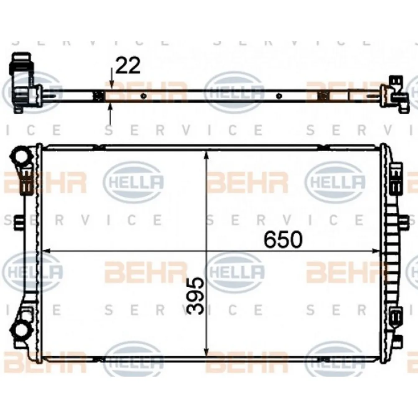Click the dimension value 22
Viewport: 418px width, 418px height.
128,66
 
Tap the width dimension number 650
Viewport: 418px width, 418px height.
283,240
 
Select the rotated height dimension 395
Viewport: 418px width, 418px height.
196,296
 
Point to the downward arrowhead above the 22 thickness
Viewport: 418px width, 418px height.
111,84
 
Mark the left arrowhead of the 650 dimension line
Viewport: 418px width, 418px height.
47,250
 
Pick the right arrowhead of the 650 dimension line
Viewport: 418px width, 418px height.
375,250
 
